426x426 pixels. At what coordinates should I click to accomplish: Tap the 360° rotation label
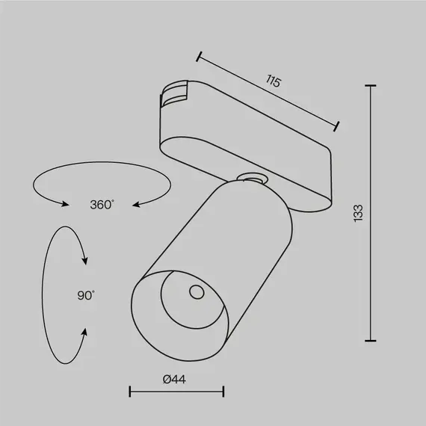102,204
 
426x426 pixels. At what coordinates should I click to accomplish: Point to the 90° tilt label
86,295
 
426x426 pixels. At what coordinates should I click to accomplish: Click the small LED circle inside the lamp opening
197,291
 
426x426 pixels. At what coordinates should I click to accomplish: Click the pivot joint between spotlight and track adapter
249,178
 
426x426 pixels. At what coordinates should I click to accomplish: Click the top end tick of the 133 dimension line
371,86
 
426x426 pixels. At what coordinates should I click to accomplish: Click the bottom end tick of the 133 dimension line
371,340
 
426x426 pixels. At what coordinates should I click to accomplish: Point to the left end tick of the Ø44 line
130,391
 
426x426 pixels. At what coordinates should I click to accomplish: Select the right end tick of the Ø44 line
223,391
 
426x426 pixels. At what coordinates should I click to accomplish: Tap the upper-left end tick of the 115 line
200,55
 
